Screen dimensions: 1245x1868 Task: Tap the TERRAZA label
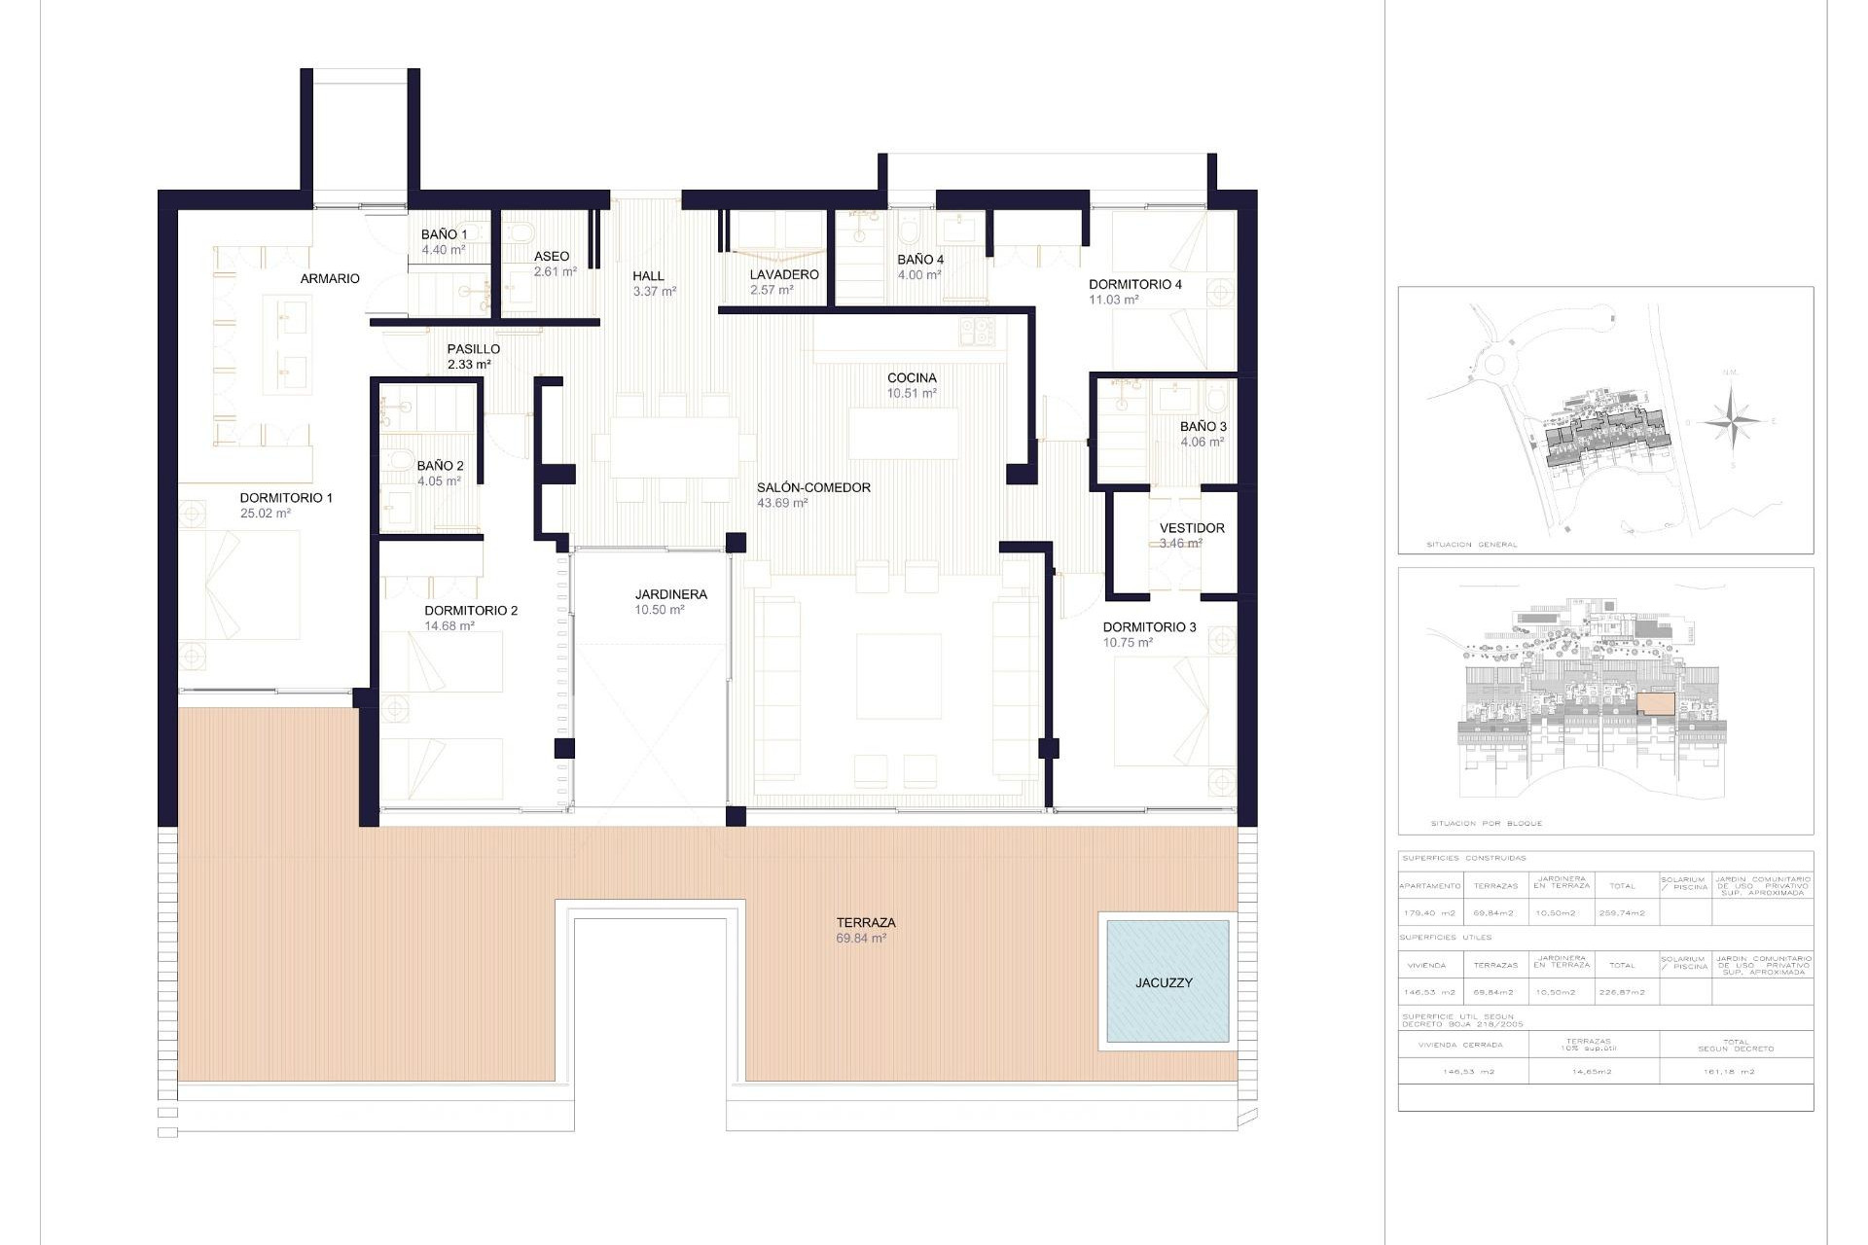[x=865, y=922]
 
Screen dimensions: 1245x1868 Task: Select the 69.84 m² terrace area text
[x=860, y=939]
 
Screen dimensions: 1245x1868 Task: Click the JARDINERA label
[x=670, y=594]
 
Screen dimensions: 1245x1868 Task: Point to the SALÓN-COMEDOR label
[x=813, y=487]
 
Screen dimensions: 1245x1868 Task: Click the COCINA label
[x=912, y=377]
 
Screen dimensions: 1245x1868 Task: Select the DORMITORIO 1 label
[x=286, y=497]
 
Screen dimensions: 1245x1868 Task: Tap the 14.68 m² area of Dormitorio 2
[x=449, y=626]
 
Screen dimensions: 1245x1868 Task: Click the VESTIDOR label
[x=1192, y=528]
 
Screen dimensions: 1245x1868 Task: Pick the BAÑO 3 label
[x=1203, y=426]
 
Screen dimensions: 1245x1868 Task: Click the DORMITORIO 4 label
[x=1134, y=284]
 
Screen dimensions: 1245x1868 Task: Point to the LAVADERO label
[x=783, y=274]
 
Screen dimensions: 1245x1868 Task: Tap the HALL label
[x=648, y=275]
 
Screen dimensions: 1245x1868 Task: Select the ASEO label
[x=552, y=257]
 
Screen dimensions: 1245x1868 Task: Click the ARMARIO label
[x=330, y=278]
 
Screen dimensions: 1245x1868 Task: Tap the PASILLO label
[x=473, y=348]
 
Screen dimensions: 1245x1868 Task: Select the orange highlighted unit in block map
[x=1656, y=704]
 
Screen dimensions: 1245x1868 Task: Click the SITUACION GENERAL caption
[x=1471, y=545]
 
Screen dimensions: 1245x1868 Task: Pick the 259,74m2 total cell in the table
[x=1622, y=912]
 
